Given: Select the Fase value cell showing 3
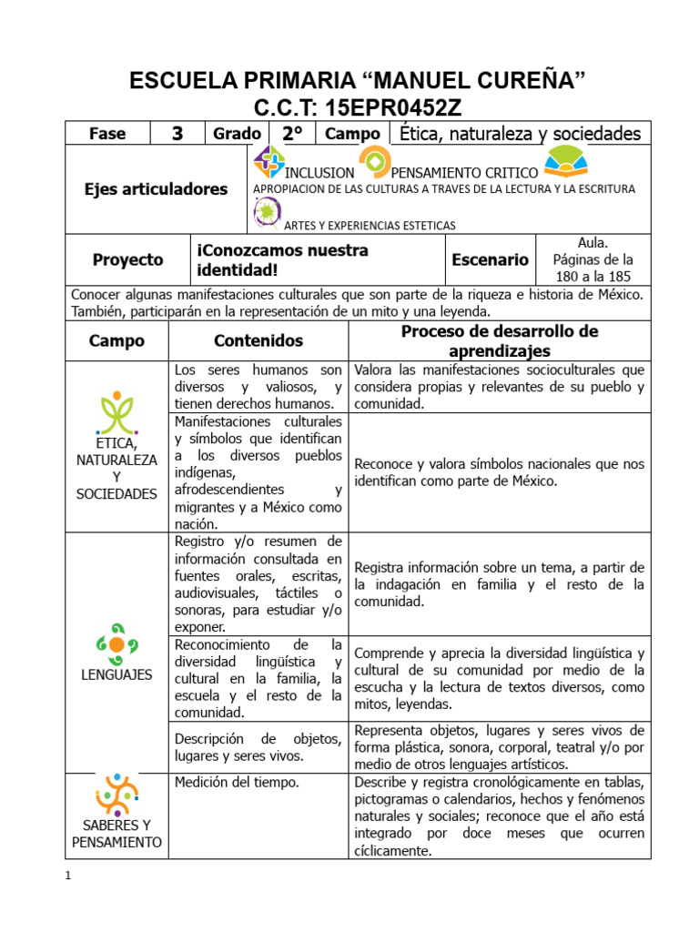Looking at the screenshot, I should point(177,134).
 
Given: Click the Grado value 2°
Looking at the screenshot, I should point(291,134).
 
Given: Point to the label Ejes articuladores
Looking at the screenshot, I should point(156,189).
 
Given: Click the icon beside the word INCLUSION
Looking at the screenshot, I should point(268,163).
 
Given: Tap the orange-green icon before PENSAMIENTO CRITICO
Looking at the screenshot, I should point(374,163).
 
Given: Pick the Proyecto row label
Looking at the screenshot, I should point(127,260).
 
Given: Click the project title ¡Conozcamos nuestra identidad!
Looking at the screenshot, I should point(282,260).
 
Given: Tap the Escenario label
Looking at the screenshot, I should point(490,260).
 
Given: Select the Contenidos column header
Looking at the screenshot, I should point(258,341).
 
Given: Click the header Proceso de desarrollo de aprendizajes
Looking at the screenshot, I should point(499,341).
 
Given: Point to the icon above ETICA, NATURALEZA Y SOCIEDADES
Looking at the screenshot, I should point(117,412).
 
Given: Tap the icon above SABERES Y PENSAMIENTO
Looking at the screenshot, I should point(116,794).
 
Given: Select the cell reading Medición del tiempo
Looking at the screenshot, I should point(237,782).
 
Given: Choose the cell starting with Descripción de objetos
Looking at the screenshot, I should point(258,746).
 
